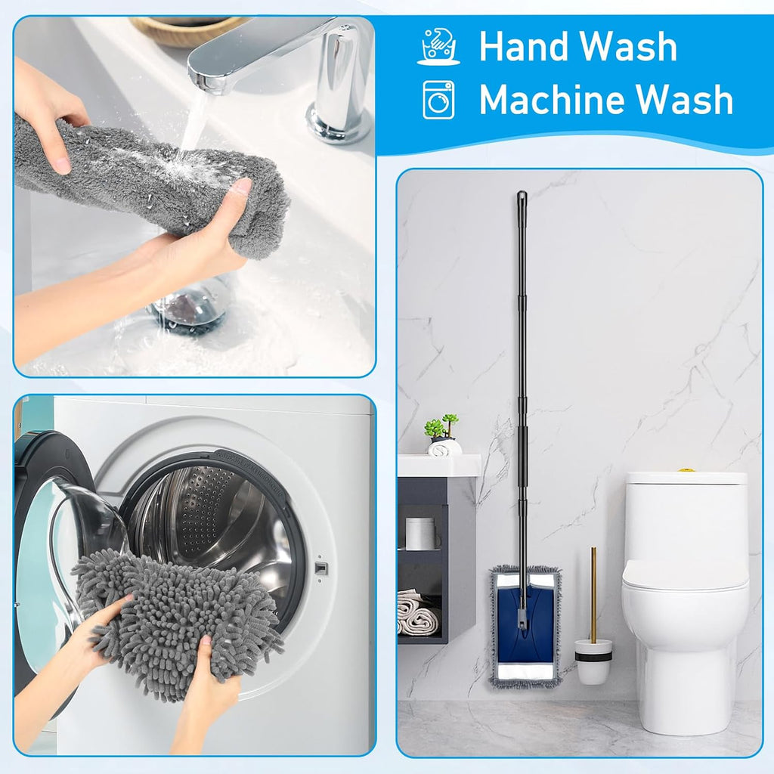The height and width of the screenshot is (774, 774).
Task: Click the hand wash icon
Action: (438, 46)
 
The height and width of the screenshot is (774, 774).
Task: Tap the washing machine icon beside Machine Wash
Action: (438, 100)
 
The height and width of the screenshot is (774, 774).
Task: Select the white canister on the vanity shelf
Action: (420, 533)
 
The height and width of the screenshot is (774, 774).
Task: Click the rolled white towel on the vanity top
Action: (445, 447)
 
